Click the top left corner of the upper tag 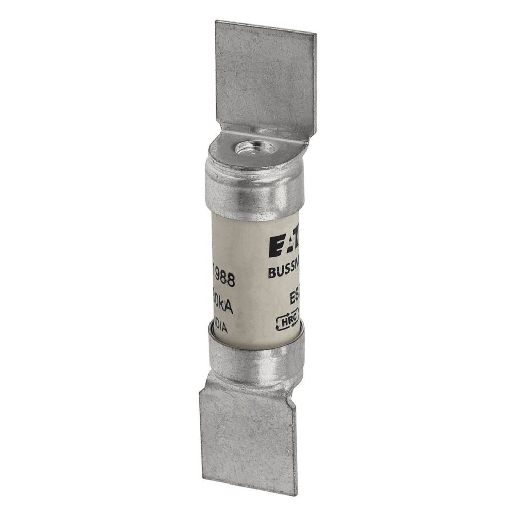217,22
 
